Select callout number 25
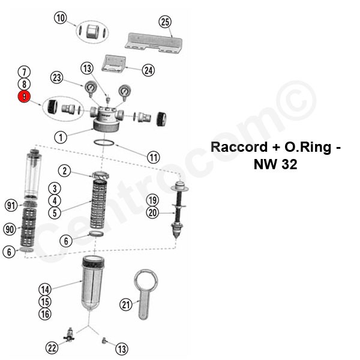(x=165, y=22)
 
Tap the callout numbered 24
(x=148, y=70)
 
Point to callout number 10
(x=60, y=17)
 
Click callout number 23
(x=58, y=77)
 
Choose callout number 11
(x=154, y=157)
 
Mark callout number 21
(x=125, y=305)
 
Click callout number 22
(x=52, y=347)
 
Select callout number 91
(x=10, y=205)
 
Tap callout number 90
(x=10, y=229)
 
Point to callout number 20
(x=152, y=212)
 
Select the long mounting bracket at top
(x=153, y=41)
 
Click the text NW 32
(x=274, y=164)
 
